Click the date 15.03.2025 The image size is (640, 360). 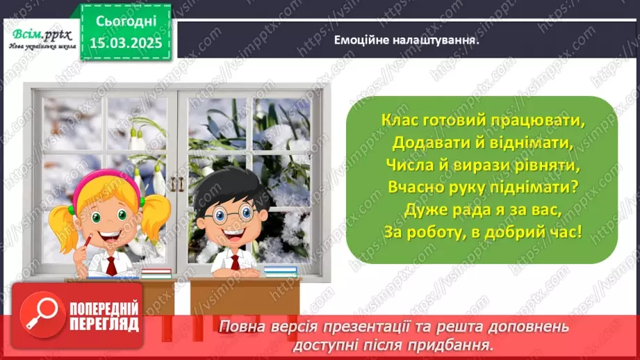(125, 42)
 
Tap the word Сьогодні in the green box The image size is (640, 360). (125, 22)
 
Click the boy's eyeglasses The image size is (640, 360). (226, 213)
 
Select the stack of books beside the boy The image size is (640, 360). (280, 270)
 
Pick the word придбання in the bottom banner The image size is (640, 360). (459, 344)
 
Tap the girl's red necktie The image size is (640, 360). (111, 264)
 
